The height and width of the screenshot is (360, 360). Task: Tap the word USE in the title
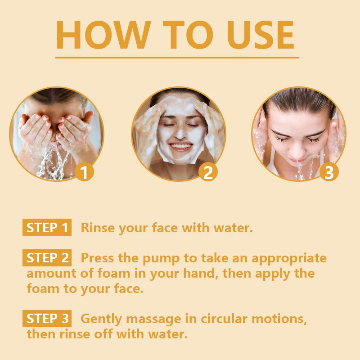point(261,35)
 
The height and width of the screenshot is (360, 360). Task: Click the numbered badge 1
point(85,172)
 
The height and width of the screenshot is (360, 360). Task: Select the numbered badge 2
point(208,172)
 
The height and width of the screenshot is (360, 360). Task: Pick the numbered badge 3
point(329,172)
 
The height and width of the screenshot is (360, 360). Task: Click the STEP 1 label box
point(47,227)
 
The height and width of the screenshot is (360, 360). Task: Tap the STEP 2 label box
point(47,257)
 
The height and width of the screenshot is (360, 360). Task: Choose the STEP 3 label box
point(47,319)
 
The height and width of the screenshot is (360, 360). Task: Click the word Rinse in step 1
point(98,228)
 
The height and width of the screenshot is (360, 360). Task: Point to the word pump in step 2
point(161,259)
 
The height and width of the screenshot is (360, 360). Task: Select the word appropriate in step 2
point(289,259)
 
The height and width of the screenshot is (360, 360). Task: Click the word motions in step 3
point(279,319)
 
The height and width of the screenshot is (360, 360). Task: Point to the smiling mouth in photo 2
point(181,147)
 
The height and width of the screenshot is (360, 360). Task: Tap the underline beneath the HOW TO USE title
point(177,58)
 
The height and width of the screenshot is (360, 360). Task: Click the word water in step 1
point(233,228)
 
